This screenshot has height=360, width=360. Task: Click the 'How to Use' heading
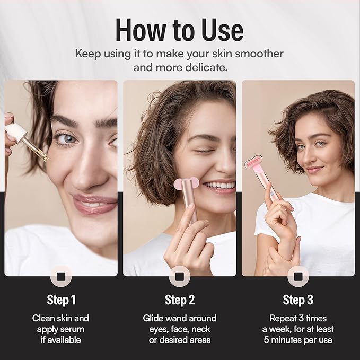coord(179,30)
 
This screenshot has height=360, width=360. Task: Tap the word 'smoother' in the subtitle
coord(259,54)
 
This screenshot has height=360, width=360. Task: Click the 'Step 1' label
coord(62,300)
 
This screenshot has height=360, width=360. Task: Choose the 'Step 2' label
coord(180,300)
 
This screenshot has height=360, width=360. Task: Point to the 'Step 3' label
coord(298,300)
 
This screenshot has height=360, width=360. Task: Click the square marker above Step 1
coord(61,276)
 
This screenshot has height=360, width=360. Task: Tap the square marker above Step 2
coord(180,276)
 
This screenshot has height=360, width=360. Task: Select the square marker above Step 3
coord(298,276)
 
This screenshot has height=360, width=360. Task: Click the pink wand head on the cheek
coord(186,183)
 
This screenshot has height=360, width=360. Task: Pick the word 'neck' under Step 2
coord(200,329)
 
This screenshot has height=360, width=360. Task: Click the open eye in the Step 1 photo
coord(67,139)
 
